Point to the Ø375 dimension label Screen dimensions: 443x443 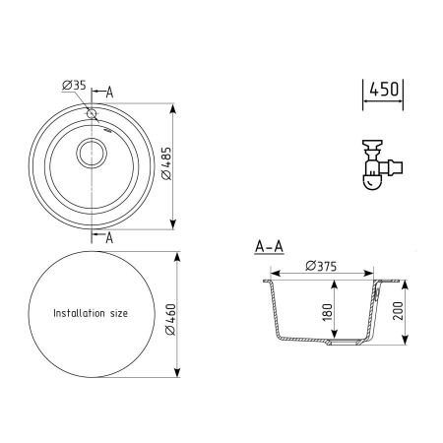323,264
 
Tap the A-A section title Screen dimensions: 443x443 269,247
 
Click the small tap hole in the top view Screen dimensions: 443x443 93,114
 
